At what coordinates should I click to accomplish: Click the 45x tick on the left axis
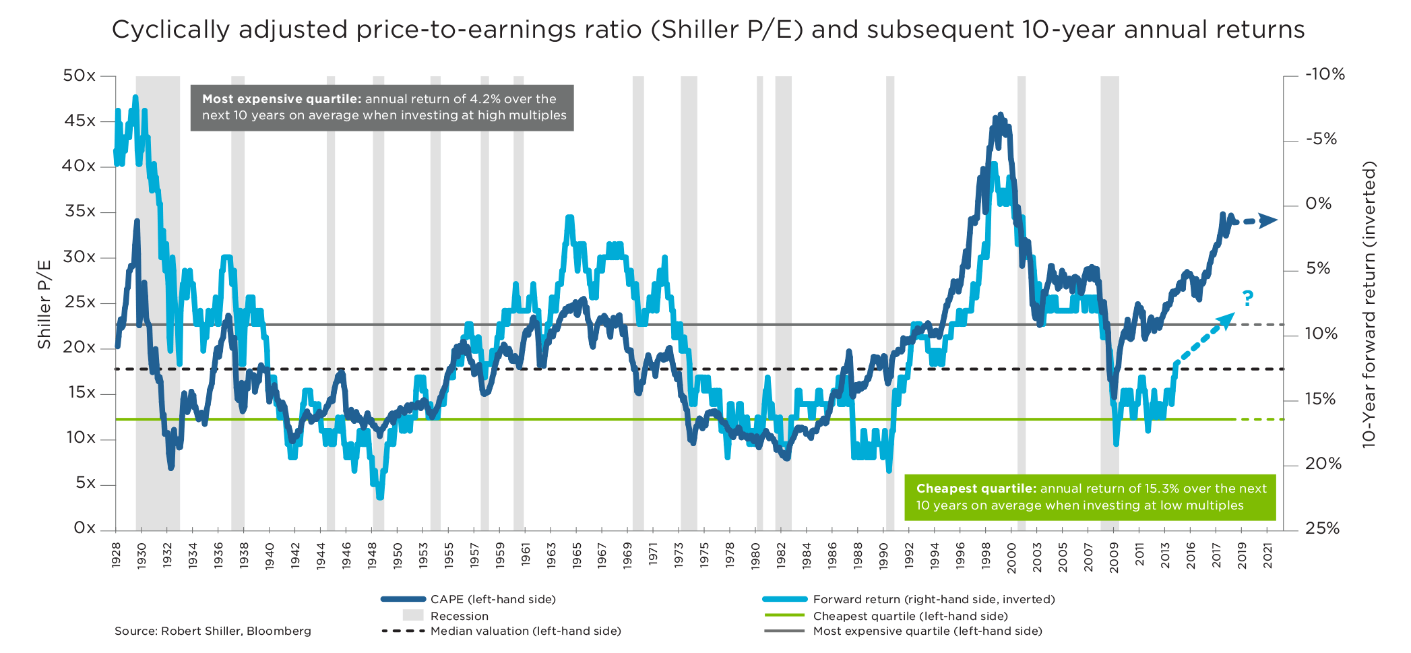click(80, 121)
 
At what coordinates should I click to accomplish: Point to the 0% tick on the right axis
click(1318, 204)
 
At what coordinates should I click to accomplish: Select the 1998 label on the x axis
click(986, 555)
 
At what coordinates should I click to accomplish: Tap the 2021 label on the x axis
click(1267, 555)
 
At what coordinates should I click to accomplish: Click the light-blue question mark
click(1247, 299)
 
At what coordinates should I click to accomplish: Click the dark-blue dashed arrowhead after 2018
click(1269, 220)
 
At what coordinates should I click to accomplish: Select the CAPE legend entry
click(493, 599)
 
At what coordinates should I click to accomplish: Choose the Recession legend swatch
click(413, 615)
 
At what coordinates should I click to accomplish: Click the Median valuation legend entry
click(525, 631)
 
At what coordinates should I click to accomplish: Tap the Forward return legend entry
click(933, 599)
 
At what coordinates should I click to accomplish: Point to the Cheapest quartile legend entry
click(910, 616)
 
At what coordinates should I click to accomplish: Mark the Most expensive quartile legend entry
click(927, 631)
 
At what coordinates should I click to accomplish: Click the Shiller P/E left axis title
click(44, 304)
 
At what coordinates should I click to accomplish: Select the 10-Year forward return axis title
click(1369, 304)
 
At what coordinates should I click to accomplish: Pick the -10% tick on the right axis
click(1325, 75)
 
